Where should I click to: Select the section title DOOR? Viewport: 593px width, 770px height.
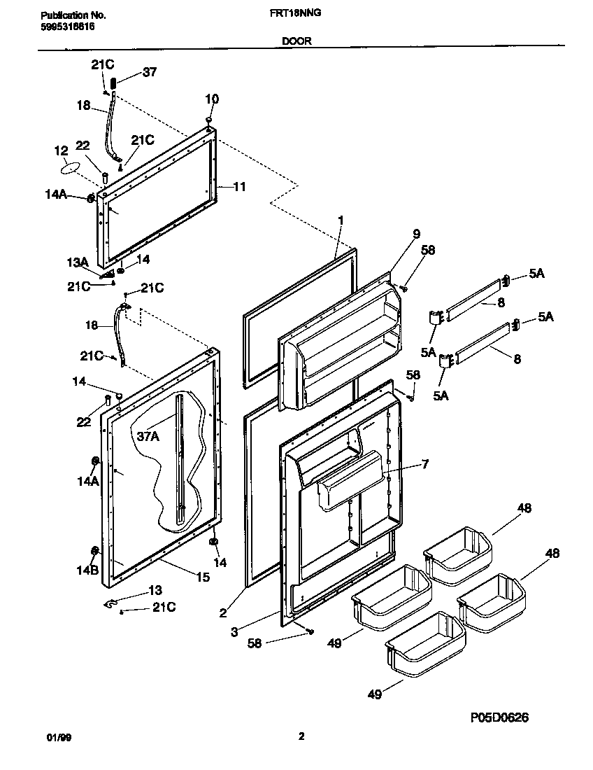click(x=296, y=41)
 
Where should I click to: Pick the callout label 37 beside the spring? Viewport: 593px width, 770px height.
click(x=150, y=71)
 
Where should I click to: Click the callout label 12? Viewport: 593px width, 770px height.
click(x=61, y=150)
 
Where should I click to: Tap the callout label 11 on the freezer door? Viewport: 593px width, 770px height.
click(x=239, y=187)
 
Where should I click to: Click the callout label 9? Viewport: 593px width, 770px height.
click(x=416, y=233)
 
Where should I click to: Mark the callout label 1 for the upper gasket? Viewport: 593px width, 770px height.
click(x=341, y=220)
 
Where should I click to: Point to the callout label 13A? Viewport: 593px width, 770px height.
click(x=77, y=262)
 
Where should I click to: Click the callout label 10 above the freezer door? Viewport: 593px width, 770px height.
click(x=211, y=99)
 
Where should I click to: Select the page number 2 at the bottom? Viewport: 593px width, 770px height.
click(x=301, y=736)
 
